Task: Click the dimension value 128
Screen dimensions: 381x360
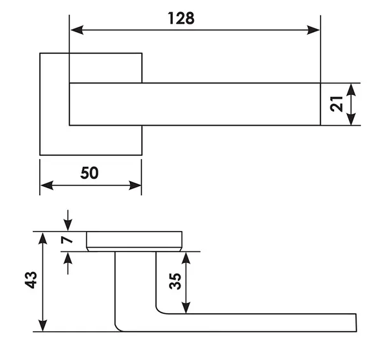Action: click(x=181, y=18)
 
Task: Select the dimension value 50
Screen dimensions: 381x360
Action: click(x=89, y=173)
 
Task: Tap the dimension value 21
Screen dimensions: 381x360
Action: click(x=337, y=104)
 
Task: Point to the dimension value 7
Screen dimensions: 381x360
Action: click(x=67, y=240)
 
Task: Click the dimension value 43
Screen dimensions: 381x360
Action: click(x=31, y=280)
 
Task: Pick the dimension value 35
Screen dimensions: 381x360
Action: click(x=175, y=281)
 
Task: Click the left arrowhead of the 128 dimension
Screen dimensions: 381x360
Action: click(x=77, y=30)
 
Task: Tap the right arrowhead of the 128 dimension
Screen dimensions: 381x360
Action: click(x=313, y=30)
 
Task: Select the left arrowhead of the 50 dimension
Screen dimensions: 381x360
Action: click(x=47, y=185)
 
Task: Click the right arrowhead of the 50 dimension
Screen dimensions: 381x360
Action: click(x=135, y=185)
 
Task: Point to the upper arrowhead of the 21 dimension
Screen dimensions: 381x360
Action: click(x=351, y=90)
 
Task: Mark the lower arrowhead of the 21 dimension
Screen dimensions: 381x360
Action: click(x=351, y=119)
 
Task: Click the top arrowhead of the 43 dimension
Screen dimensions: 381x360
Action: click(x=43, y=238)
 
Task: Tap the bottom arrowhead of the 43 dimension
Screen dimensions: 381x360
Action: click(x=43, y=325)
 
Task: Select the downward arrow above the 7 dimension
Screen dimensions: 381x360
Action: click(x=68, y=220)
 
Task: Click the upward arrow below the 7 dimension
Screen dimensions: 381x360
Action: click(x=68, y=263)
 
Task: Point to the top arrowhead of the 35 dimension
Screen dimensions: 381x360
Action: click(x=186, y=258)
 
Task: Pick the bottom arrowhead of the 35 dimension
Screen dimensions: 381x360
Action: click(x=186, y=307)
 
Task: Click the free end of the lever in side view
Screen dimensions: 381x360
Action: click(x=356, y=323)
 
